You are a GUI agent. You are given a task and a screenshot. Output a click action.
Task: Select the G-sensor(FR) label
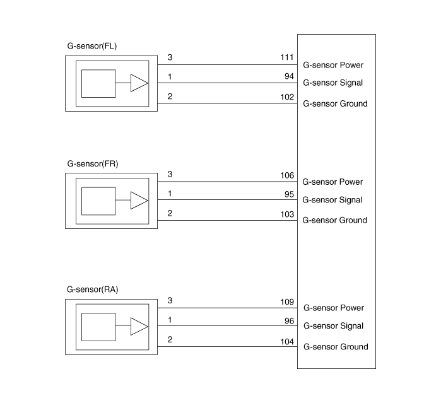pyautogui.click(x=93, y=163)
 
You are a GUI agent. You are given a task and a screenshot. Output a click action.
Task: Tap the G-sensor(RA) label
pyautogui.click(x=93, y=289)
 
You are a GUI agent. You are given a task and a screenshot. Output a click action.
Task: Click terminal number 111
pyautogui.click(x=287, y=57)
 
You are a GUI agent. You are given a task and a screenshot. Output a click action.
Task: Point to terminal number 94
pyautogui.click(x=290, y=76)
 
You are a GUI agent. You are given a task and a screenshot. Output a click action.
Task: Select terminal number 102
pyautogui.click(x=287, y=97)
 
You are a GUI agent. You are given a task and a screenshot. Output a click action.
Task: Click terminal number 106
pyautogui.click(x=287, y=175)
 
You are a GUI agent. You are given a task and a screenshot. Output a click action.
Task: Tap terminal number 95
pyautogui.click(x=290, y=193)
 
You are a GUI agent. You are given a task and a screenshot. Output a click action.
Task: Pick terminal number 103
pyautogui.click(x=287, y=214)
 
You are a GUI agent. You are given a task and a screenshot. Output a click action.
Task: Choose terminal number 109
pyautogui.click(x=287, y=301)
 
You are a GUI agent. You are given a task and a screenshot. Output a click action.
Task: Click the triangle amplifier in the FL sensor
pyautogui.click(x=139, y=83)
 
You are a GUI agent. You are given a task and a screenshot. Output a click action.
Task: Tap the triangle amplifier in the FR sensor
pyautogui.click(x=139, y=201)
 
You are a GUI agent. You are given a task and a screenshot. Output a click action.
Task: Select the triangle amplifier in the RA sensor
pyautogui.click(x=139, y=327)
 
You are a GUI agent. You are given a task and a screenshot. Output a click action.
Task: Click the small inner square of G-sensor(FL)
pyautogui.click(x=98, y=83)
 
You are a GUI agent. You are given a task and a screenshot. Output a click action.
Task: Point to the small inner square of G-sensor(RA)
pyautogui.click(x=98, y=327)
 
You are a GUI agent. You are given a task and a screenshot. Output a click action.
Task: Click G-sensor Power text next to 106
pyautogui.click(x=332, y=182)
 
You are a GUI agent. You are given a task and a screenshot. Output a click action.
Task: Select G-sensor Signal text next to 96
pyautogui.click(x=333, y=326)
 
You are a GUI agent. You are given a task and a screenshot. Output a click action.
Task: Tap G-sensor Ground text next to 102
pyautogui.click(x=335, y=103)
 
